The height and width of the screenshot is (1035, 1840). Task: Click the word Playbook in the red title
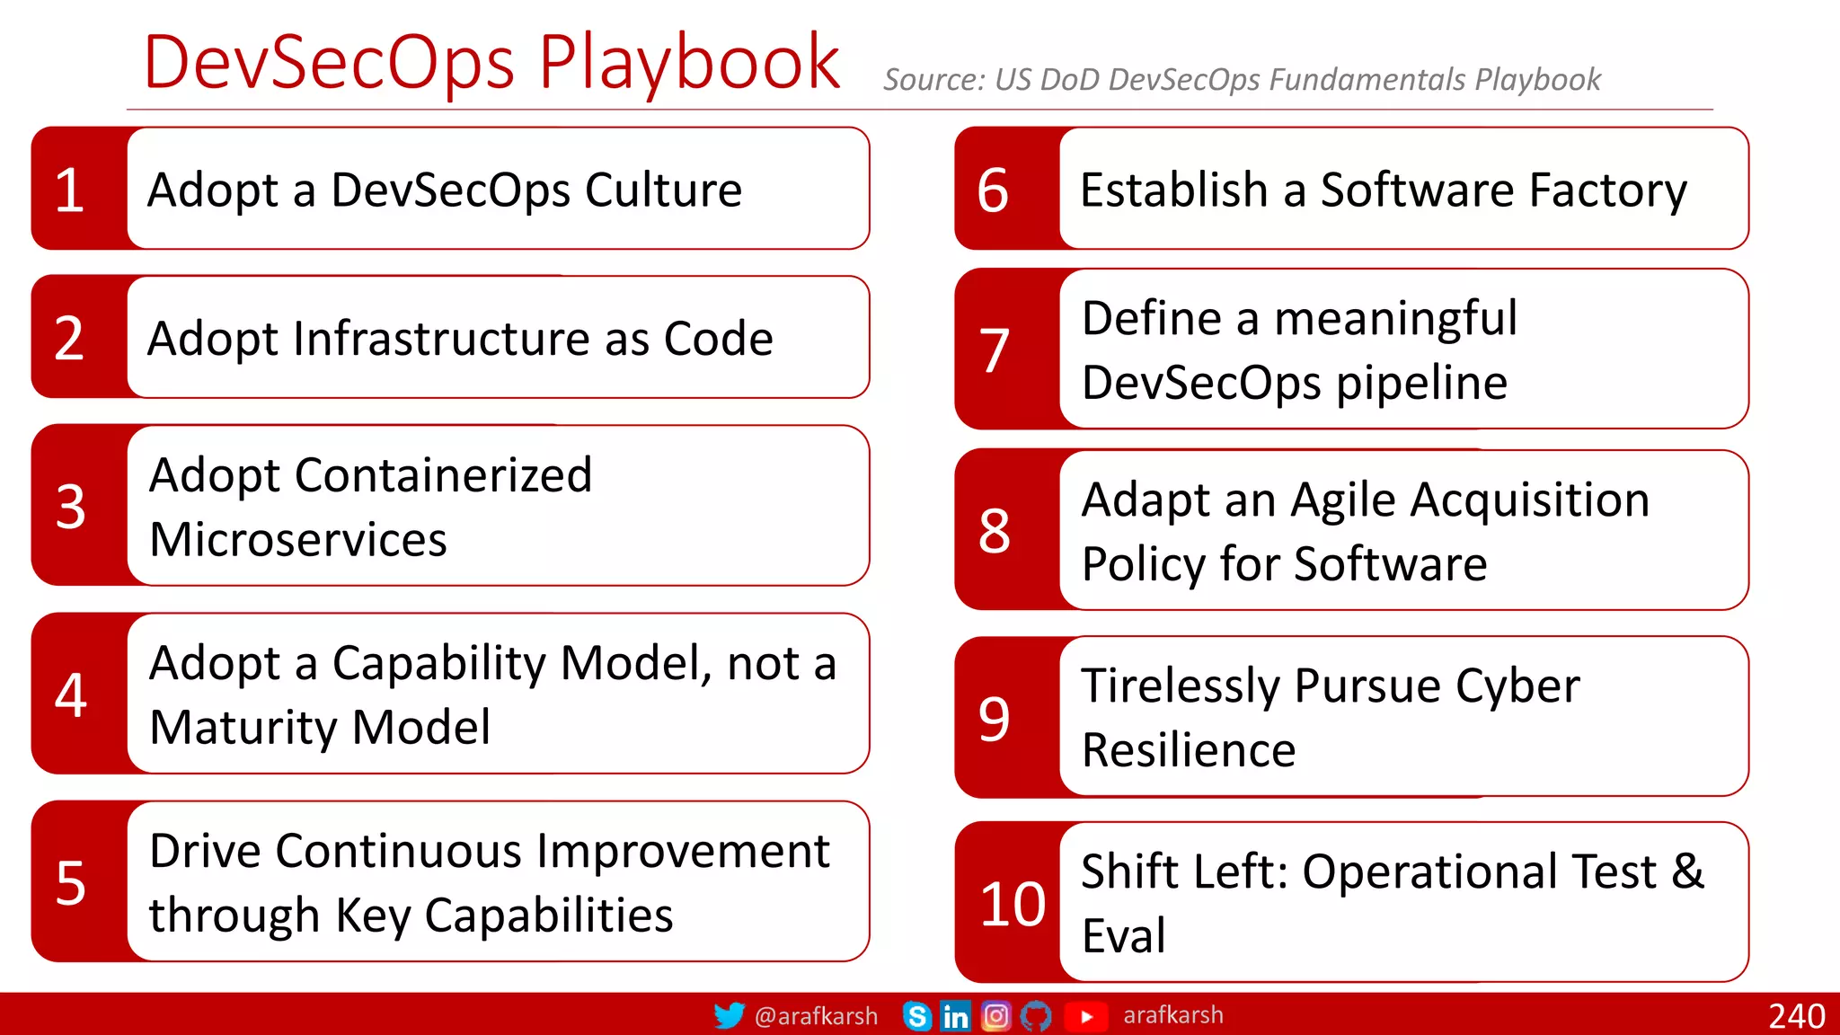coord(688,63)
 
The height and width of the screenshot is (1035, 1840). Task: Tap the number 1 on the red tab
coord(70,190)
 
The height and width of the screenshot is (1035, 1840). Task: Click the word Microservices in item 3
coord(298,540)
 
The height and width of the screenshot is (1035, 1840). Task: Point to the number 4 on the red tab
coord(70,694)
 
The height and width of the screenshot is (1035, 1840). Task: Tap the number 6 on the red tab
coord(993,190)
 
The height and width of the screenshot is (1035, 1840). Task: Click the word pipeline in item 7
coord(1421,384)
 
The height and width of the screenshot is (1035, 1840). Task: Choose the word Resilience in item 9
coord(1189,750)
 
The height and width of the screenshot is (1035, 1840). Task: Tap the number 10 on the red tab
coord(1013,904)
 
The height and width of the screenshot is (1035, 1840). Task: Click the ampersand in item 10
coord(1687,871)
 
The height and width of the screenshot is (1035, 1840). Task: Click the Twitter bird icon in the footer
coord(729,1015)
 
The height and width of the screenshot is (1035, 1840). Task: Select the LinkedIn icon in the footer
coord(955,1016)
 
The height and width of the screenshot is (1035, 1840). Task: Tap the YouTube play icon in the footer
coord(1086,1016)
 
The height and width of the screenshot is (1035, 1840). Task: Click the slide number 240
coord(1796,1016)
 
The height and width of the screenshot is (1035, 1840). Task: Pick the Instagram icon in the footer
coord(995,1016)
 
